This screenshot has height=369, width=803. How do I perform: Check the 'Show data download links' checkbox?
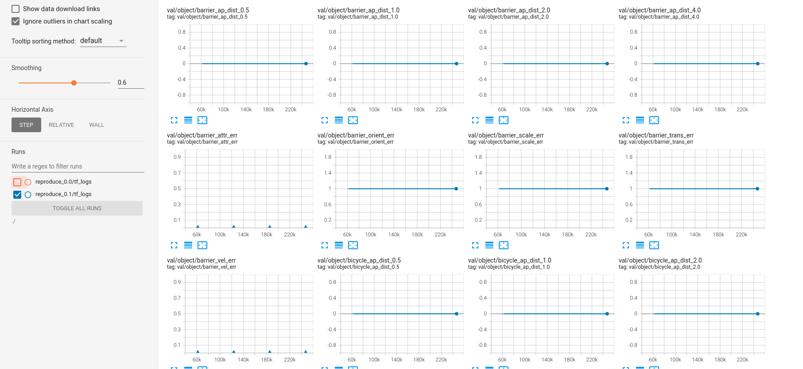tap(16, 9)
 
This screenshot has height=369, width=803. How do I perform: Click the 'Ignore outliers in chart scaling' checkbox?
tap(16, 21)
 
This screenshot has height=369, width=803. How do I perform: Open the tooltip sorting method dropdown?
tap(103, 41)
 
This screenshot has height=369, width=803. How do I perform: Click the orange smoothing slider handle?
tap(74, 83)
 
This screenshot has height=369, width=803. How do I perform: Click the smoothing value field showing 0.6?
tap(131, 82)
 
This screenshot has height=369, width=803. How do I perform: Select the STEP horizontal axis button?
tap(26, 125)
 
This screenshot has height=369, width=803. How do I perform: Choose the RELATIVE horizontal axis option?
tap(62, 125)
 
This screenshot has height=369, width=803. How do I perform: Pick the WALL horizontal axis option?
tap(97, 125)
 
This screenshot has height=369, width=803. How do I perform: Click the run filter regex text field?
tap(78, 166)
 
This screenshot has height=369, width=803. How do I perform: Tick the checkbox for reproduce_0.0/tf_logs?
tap(17, 182)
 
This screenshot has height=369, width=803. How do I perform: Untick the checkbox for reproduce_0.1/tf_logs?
tap(17, 194)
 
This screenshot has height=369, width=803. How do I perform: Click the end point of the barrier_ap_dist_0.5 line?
tap(306, 64)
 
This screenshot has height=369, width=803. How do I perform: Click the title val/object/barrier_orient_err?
tap(356, 135)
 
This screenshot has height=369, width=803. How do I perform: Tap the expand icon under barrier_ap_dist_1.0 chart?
tap(325, 120)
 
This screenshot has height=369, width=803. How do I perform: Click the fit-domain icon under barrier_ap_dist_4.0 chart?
tap(654, 120)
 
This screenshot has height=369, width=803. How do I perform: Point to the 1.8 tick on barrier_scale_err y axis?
tap(478, 157)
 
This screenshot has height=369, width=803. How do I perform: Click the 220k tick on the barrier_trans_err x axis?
tap(741, 235)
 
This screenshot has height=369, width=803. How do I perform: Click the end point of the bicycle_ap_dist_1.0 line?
tap(607, 314)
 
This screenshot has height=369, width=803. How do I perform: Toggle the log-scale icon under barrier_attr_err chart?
tap(188, 245)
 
